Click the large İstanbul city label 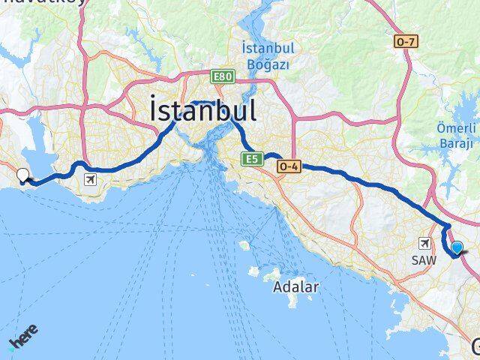(x=203, y=110)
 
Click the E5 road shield (x=250, y=158)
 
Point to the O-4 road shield (x=289, y=166)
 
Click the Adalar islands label (x=295, y=286)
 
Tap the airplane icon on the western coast (x=91, y=179)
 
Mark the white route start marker (x=22, y=175)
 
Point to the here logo (x=22, y=337)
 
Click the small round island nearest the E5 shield (x=244, y=245)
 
